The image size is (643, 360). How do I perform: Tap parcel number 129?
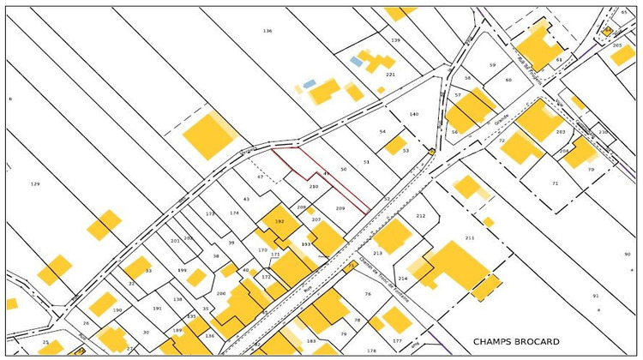(x=35, y=184)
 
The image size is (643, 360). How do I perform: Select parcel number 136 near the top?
(x=267, y=31)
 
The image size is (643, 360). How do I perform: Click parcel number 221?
(x=390, y=75)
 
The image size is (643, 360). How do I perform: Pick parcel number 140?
(x=413, y=114)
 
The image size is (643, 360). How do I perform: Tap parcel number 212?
(x=420, y=216)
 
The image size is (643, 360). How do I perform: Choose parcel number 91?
(x=595, y=296)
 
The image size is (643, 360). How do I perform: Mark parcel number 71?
(x=555, y=183)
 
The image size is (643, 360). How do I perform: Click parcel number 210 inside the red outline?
(x=314, y=186)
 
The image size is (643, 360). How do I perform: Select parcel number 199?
(x=182, y=271)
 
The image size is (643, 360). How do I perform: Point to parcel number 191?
(x=157, y=309)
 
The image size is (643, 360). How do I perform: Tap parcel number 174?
(x=234, y=213)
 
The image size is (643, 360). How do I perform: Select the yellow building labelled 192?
(x=279, y=221)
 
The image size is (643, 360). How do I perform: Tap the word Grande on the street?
(x=502, y=123)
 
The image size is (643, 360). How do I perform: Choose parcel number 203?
(x=561, y=132)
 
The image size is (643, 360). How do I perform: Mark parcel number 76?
(x=367, y=294)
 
